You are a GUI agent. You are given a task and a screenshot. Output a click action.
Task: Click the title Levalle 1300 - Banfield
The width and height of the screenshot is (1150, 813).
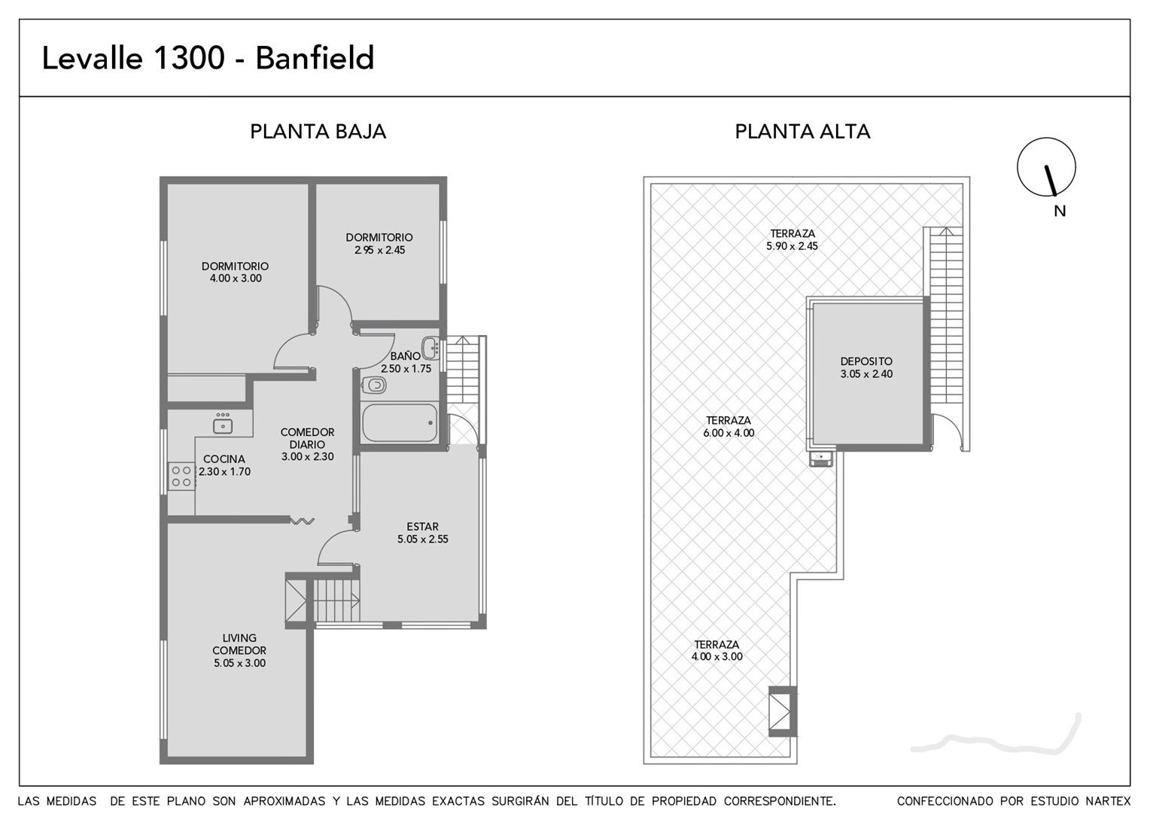coord(208,57)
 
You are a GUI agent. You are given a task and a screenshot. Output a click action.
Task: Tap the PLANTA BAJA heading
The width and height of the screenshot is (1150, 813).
coord(318,132)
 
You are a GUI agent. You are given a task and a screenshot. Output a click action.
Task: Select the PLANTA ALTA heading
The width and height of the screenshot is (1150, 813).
coord(802,132)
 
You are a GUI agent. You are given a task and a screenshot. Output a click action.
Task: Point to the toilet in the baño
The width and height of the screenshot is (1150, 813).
coord(374,385)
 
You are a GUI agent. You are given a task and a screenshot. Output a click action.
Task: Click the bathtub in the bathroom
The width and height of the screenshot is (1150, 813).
coord(400,422)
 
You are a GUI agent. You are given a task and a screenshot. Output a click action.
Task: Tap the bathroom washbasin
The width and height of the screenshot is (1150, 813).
coord(430,348)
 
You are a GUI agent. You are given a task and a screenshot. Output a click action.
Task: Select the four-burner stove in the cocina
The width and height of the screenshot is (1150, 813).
coord(181,476)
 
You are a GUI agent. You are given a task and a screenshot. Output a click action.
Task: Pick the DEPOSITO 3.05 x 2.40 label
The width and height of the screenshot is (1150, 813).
coord(866,367)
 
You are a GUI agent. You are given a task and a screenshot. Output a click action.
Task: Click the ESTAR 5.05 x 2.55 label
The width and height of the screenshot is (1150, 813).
coord(422,533)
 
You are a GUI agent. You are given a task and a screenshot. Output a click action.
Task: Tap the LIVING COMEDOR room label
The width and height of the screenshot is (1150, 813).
coord(239,644)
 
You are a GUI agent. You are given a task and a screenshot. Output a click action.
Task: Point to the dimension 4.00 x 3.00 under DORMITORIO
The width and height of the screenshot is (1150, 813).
coord(236,279)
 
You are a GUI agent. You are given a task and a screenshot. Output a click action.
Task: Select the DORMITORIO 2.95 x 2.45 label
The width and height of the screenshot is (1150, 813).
coord(379,244)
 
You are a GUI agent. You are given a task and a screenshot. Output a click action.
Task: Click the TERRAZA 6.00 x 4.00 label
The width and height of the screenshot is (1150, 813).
coord(729,427)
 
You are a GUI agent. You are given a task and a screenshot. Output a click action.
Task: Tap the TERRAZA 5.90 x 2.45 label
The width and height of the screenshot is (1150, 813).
coord(793,240)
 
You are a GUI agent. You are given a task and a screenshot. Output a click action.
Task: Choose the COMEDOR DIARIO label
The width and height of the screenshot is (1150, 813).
coord(307,439)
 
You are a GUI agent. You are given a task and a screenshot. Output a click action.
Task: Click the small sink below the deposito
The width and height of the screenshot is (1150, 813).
coord(821,458)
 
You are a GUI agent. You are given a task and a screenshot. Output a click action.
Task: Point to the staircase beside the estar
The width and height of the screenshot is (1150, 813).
coord(336,601)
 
